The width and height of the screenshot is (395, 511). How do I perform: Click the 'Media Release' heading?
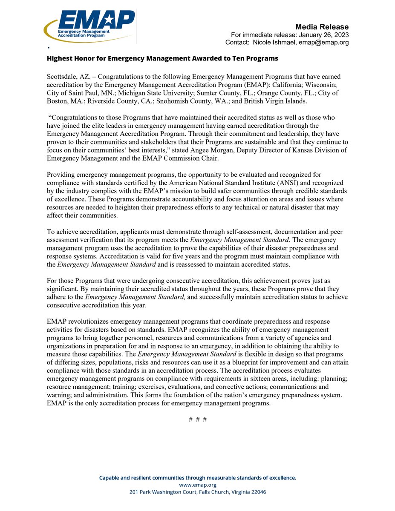[x=326, y=27]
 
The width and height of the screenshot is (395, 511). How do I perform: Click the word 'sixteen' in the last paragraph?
[x=294, y=379]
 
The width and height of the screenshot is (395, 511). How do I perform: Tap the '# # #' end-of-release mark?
[x=198, y=419]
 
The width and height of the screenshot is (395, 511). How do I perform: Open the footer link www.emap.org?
[x=198, y=485]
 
